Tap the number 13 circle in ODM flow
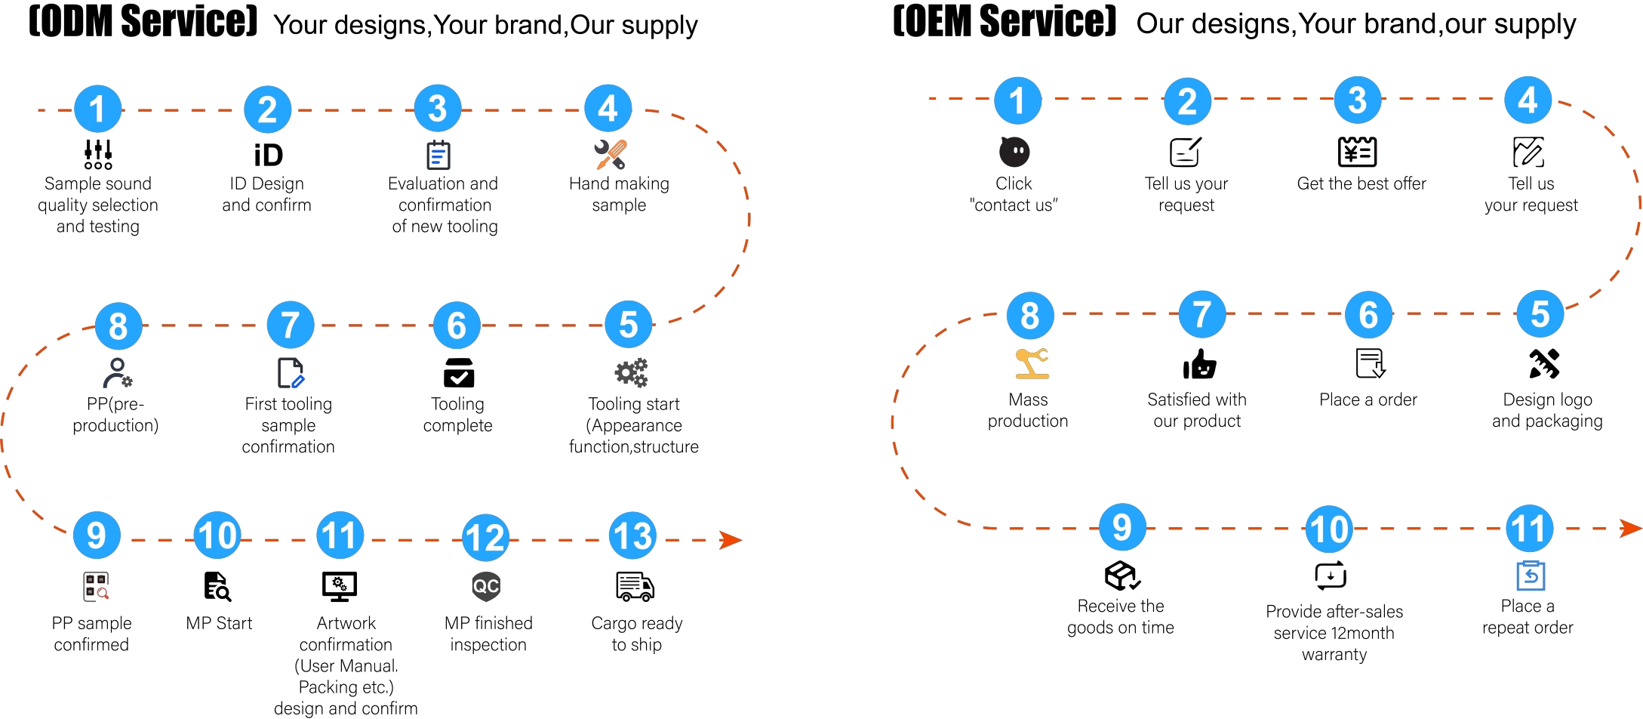pos(632,536)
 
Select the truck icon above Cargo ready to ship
pos(635,586)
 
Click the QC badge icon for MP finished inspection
pos(486,586)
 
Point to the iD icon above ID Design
pos(268,155)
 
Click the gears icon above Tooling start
pos(631,372)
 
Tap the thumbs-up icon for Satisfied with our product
pos(1199,364)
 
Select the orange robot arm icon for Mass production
pos(1032,363)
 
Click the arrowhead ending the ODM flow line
pos(731,540)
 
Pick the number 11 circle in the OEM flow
pos(1530,529)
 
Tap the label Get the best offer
pos(1361,184)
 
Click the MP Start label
pos(219,623)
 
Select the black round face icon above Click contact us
pos(1014,152)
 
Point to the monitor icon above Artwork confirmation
pos(339,586)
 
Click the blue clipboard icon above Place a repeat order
pos(1531,576)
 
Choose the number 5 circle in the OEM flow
pos(1540,314)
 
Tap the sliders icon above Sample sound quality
pos(98,154)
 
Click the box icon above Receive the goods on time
pos(1122,576)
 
